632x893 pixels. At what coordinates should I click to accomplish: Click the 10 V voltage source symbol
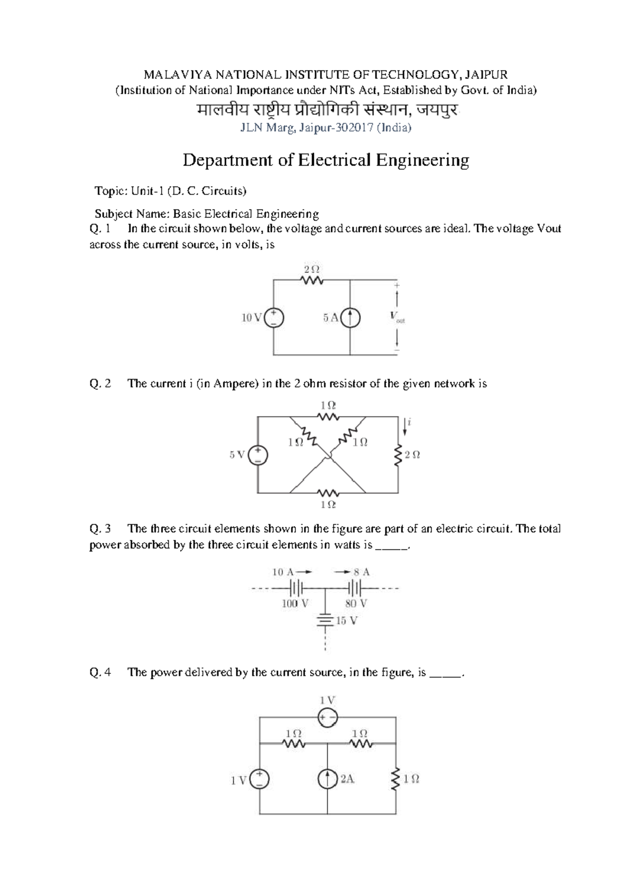pyautogui.click(x=273, y=317)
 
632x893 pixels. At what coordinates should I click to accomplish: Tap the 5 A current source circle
pyautogui.click(x=350, y=317)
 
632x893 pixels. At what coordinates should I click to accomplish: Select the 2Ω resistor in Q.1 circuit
pyautogui.click(x=312, y=281)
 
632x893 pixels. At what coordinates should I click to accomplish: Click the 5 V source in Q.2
pyautogui.click(x=258, y=455)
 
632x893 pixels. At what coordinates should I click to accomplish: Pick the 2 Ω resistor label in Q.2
pyautogui.click(x=412, y=455)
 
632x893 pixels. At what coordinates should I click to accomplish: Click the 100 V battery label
pyautogui.click(x=295, y=604)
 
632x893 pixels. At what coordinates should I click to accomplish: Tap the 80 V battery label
pyautogui.click(x=356, y=604)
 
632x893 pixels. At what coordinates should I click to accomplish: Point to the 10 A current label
pyautogui.click(x=284, y=572)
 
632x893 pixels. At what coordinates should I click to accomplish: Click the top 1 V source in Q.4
pyautogui.click(x=328, y=717)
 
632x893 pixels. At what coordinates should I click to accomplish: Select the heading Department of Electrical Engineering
pyautogui.click(x=325, y=160)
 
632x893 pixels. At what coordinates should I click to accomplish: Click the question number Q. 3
pyautogui.click(x=100, y=529)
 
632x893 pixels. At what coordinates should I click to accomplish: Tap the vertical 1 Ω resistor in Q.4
pyautogui.click(x=396, y=779)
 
